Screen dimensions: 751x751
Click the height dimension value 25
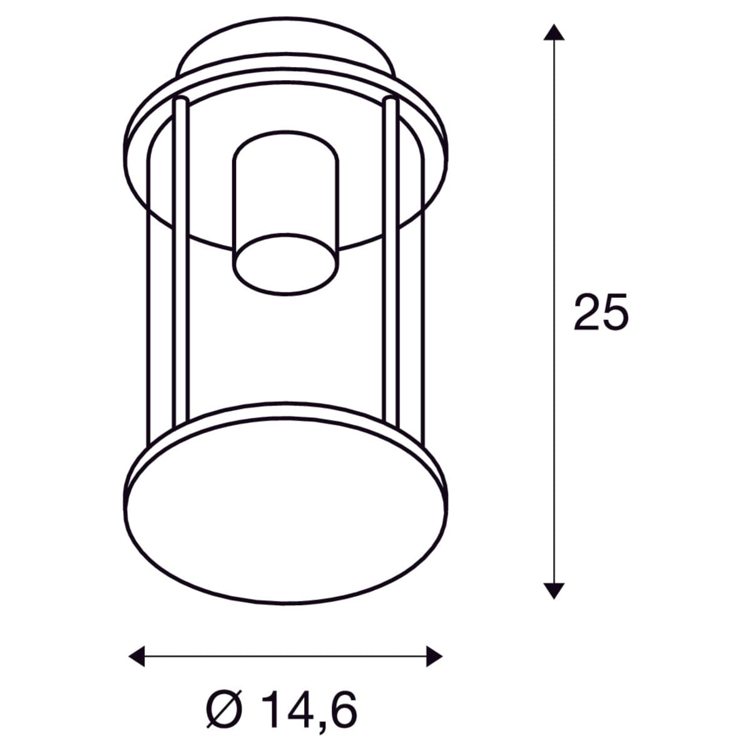(x=601, y=312)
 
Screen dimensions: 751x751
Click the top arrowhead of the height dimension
(x=554, y=32)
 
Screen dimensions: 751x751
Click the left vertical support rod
(x=181, y=262)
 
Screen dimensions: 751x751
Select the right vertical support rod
(x=391, y=262)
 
